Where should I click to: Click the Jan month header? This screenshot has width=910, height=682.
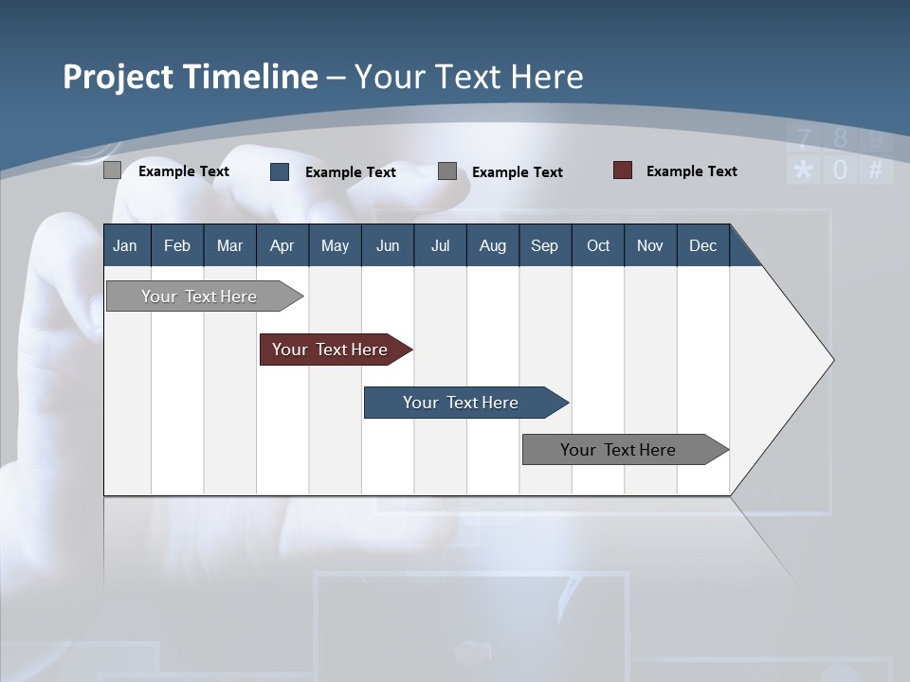point(125,246)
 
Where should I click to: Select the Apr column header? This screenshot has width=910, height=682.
point(282,246)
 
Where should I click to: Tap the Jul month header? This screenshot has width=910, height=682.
point(440,246)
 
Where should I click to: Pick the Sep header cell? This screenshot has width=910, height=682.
point(544,246)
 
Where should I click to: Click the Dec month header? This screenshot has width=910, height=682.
point(702,246)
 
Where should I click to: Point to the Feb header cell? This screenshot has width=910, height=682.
point(177,246)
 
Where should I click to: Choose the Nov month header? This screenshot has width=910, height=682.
point(649,246)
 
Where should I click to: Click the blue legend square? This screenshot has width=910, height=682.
point(280,171)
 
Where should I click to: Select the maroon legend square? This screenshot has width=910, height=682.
point(623,170)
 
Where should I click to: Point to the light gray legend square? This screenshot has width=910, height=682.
point(112,170)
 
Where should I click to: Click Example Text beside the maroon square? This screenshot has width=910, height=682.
point(691,171)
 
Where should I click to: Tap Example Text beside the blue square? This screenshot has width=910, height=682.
point(350,172)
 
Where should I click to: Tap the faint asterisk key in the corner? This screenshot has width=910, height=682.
point(804,170)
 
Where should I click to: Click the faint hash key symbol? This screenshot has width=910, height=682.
point(876,170)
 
